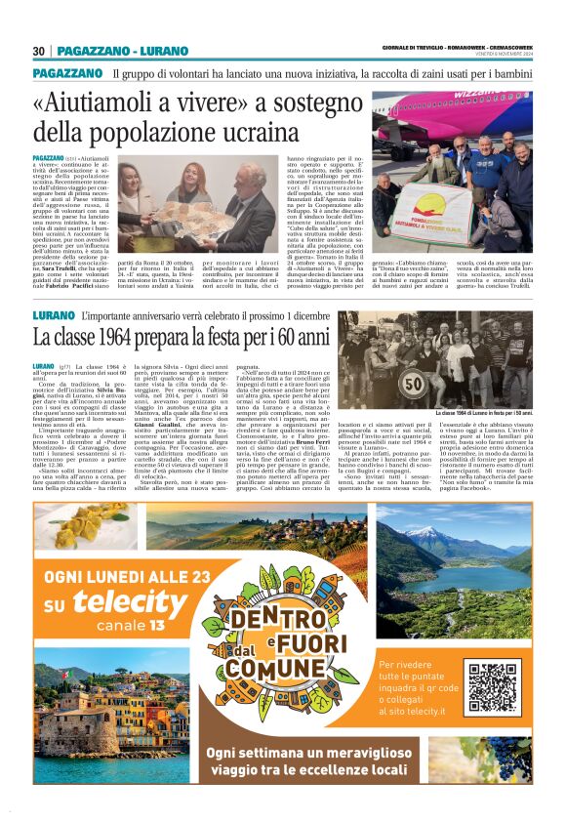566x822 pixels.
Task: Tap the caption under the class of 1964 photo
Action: click(x=473, y=440)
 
